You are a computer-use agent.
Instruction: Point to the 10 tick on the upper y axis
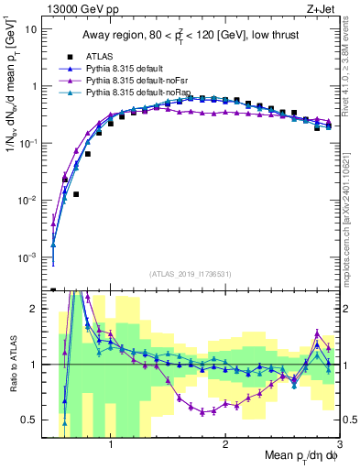(32, 28)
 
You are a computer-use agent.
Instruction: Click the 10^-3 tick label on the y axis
(27, 257)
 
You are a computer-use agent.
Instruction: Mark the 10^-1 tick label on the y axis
(27, 143)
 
